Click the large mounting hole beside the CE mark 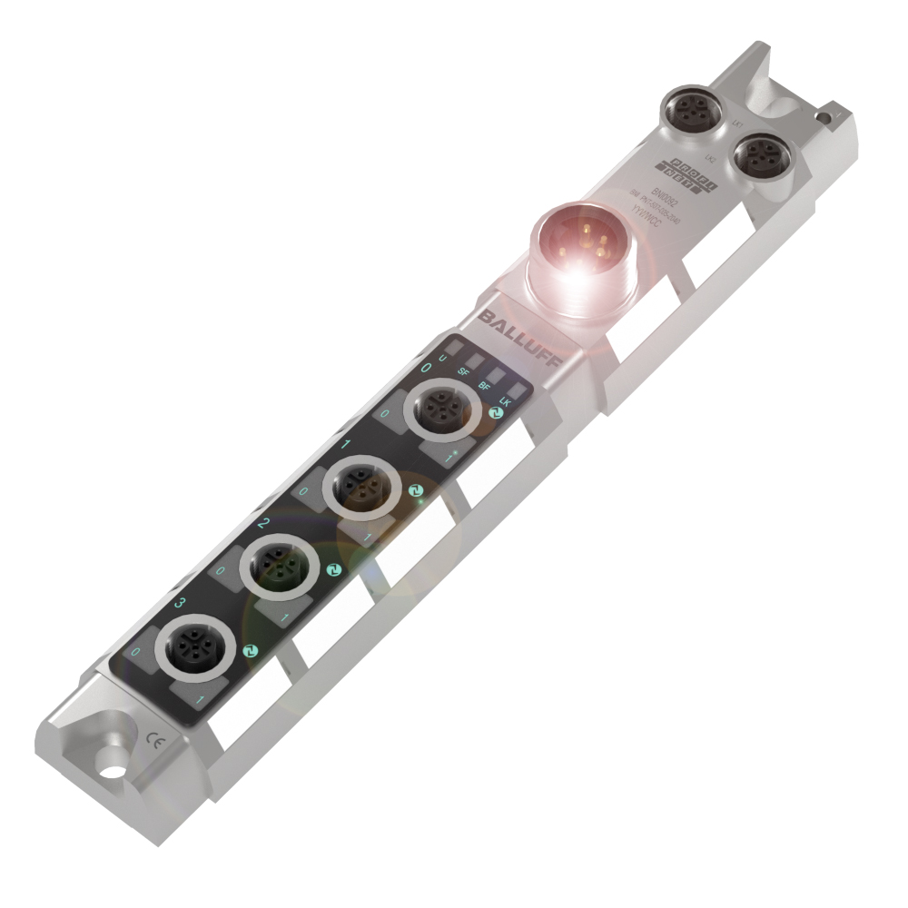click(112, 772)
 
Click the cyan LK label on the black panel click(506, 401)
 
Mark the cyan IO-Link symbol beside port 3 click(251, 650)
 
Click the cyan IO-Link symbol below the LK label click(496, 414)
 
